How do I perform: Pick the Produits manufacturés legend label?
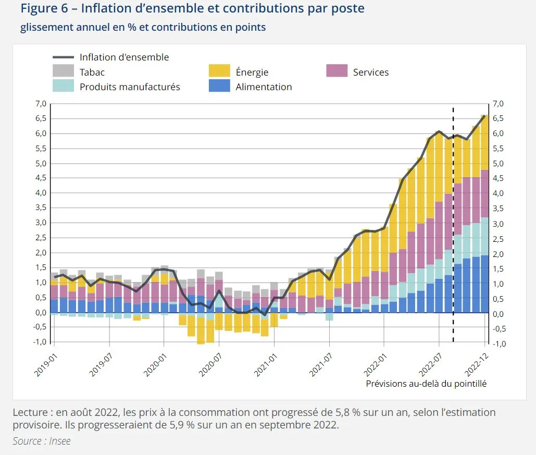tap(130, 87)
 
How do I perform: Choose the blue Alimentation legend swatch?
tap(219, 86)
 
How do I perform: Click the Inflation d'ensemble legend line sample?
tap(63, 57)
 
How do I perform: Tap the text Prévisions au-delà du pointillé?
tap(426, 384)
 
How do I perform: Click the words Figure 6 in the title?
tap(46, 9)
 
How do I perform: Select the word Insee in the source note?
tap(60, 441)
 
